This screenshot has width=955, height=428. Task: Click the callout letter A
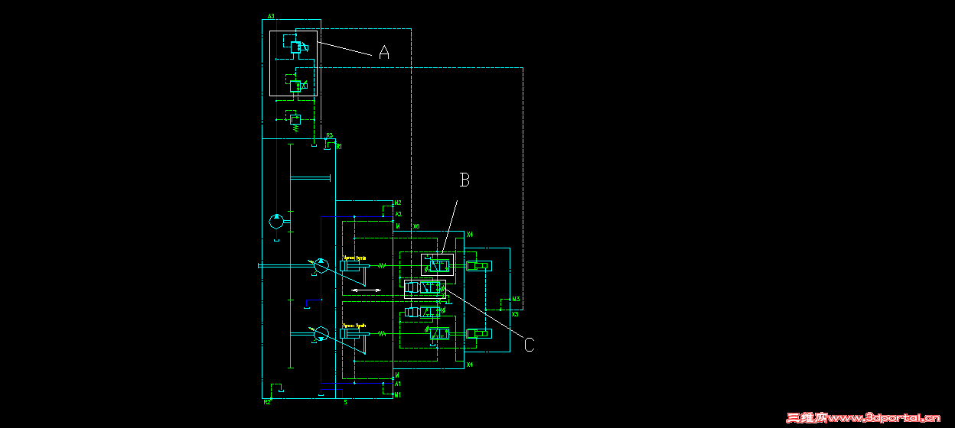coord(384,53)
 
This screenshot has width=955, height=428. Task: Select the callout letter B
coord(464,180)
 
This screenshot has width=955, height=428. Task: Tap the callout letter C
coord(529,345)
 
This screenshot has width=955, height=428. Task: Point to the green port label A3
coord(271,16)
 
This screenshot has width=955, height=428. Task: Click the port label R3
coord(330,136)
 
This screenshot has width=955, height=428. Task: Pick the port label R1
coord(338,146)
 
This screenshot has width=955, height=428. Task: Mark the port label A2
coord(398,215)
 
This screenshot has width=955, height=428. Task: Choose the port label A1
coord(398,384)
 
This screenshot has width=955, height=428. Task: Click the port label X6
coord(416,227)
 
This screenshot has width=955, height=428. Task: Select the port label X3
coord(515,314)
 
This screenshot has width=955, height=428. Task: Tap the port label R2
coord(267,402)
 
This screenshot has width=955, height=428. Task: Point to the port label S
coord(345,402)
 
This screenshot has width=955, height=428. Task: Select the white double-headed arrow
coord(366,290)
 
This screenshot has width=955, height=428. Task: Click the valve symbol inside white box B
coord(438,266)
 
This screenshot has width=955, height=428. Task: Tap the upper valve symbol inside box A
coord(296,47)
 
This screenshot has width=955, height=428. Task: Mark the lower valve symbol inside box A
coord(295,86)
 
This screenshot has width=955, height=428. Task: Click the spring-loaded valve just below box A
coord(295,119)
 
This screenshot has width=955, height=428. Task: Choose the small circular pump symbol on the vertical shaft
coord(275,222)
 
